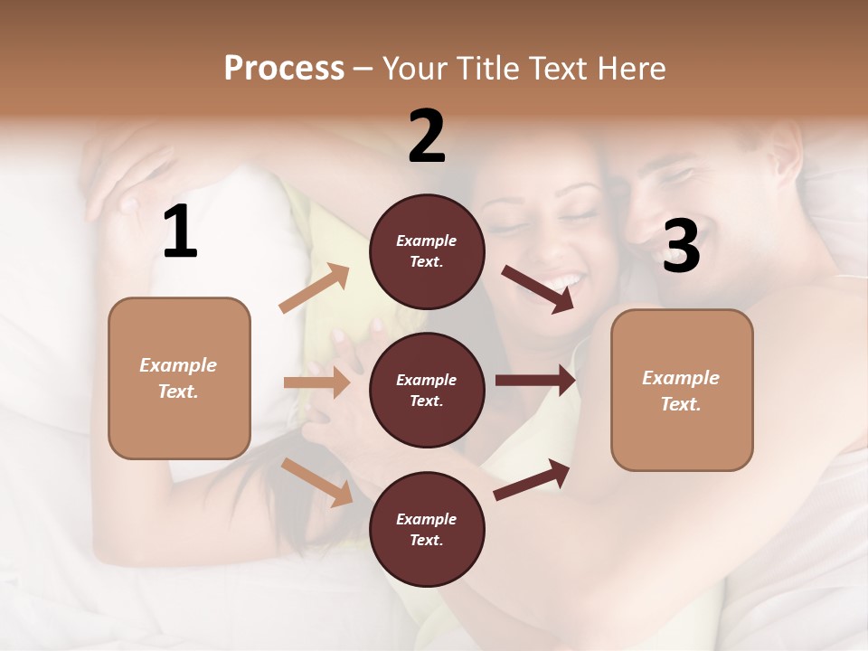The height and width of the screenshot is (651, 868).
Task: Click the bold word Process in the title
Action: [284, 68]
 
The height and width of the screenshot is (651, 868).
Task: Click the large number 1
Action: [180, 232]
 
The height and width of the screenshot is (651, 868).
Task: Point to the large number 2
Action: [427, 137]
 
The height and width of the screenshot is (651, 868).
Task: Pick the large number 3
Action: [681, 246]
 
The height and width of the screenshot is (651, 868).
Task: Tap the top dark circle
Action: [427, 251]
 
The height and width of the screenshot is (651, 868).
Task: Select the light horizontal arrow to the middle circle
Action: [316, 382]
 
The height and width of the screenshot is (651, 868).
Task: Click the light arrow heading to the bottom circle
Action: [317, 481]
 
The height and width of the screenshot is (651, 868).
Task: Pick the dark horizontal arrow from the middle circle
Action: [534, 380]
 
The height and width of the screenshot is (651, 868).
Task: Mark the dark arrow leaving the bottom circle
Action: [532, 479]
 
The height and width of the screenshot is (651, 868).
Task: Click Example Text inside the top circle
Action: [427, 251]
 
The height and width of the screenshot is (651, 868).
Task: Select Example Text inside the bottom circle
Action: [427, 530]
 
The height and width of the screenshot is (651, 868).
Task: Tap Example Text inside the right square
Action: [681, 391]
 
